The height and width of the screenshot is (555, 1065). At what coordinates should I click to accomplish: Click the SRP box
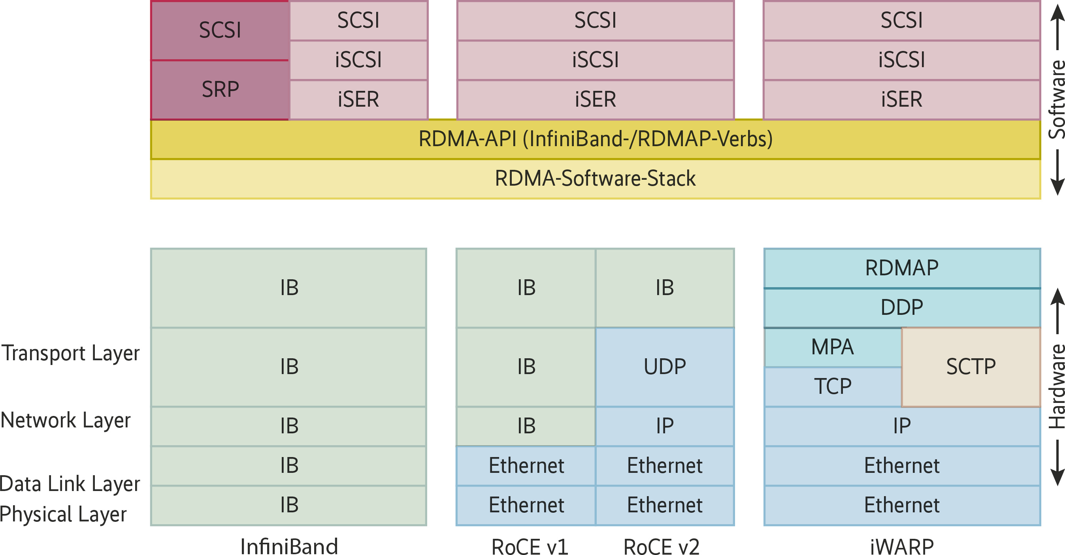click(220, 90)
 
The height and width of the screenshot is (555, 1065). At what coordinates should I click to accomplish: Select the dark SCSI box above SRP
click(220, 30)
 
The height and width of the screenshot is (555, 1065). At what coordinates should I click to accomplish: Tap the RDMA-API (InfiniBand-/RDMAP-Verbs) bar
click(596, 139)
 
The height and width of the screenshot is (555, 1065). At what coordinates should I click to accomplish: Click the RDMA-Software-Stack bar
click(596, 179)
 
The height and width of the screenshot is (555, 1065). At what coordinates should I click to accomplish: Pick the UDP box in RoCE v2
click(665, 367)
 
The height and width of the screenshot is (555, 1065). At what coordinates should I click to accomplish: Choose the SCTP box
click(971, 367)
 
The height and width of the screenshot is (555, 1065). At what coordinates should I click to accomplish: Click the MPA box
click(832, 347)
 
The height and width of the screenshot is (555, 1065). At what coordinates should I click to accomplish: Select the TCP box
click(832, 386)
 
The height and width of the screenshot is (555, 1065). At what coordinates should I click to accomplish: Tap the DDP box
click(902, 307)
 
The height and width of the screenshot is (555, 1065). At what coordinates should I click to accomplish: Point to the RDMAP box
click(902, 268)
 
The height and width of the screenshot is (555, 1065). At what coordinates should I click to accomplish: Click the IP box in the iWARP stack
click(902, 426)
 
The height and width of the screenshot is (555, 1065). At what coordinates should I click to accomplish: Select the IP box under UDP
click(665, 426)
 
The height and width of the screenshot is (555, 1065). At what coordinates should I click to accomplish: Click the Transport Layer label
click(71, 353)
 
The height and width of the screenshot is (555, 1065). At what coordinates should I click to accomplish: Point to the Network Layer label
click(66, 420)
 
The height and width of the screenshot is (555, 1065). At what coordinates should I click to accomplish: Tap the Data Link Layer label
click(70, 484)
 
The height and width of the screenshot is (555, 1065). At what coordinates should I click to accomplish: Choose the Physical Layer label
click(63, 514)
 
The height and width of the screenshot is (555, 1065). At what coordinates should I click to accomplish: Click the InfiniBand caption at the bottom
click(289, 546)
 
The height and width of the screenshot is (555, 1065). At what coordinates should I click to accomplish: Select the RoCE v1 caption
click(530, 546)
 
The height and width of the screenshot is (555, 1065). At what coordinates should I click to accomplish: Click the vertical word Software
click(1057, 99)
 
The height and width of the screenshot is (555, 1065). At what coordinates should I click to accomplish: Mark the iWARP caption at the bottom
click(902, 546)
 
